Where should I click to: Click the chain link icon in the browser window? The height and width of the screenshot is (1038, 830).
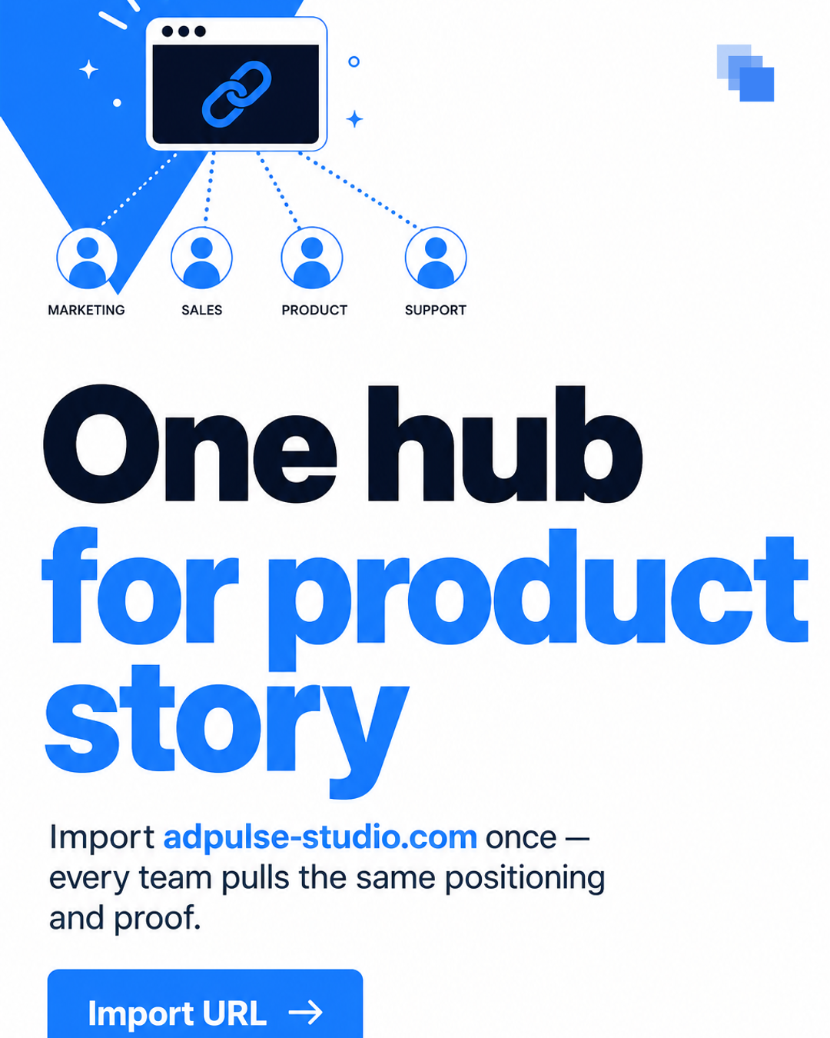237,94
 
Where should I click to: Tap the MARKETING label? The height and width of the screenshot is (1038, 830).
86,310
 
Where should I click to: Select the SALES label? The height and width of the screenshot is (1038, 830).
201,310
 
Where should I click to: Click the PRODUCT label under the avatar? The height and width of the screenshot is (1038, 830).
314,310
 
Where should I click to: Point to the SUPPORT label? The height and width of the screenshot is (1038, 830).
436,310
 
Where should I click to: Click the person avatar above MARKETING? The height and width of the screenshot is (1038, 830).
88,258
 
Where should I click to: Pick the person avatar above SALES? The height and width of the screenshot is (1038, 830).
201,258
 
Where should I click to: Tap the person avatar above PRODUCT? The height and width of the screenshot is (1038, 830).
312,258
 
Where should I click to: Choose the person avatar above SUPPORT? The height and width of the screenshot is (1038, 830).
436,258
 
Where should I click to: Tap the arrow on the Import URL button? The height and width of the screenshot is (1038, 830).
306,1013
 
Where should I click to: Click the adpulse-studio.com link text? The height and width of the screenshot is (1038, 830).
320,837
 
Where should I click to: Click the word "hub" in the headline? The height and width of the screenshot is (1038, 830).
506,444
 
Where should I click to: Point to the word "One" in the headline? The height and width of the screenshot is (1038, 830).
190,444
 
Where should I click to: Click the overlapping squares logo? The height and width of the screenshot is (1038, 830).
745,73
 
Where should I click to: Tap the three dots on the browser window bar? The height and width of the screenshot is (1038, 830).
184,32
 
